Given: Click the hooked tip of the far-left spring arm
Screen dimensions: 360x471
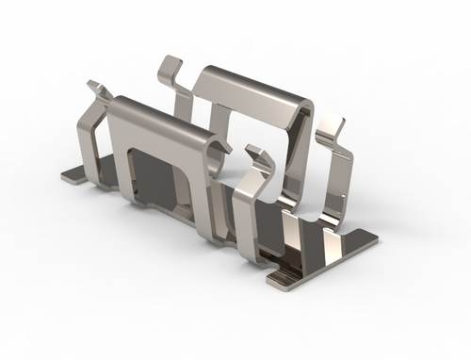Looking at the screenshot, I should point(97,89).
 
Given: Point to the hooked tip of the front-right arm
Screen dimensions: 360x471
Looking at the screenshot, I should point(254,151).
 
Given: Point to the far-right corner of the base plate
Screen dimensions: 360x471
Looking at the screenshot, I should point(374,243).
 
